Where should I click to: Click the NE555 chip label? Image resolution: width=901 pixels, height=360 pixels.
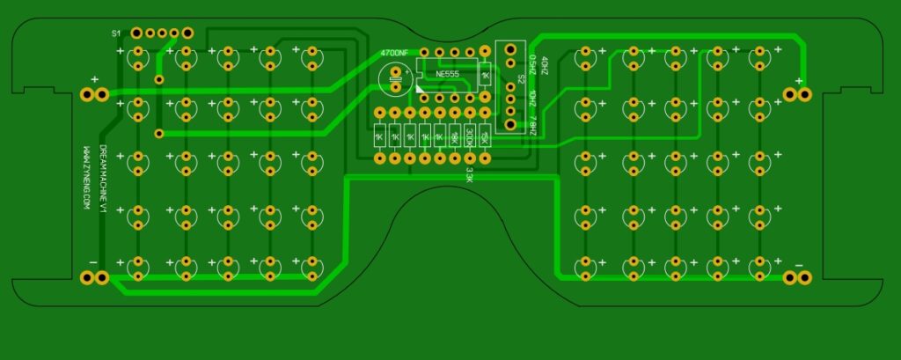point(446,75)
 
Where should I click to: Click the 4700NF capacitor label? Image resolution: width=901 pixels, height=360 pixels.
point(394,54)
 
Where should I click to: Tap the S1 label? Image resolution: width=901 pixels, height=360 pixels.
point(116,33)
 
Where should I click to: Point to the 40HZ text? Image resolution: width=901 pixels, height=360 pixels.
point(546,66)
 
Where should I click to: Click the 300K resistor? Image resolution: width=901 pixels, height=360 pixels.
point(469,136)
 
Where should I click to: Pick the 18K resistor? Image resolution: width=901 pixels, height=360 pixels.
point(454,136)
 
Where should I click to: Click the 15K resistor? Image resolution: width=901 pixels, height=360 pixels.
point(484,136)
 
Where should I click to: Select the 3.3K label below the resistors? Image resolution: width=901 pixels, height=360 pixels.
point(469,174)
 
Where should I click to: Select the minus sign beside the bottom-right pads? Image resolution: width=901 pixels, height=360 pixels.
point(799,264)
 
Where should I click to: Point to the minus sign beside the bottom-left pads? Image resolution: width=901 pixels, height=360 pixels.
point(93,262)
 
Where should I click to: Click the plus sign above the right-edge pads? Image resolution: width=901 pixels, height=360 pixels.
point(799,80)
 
